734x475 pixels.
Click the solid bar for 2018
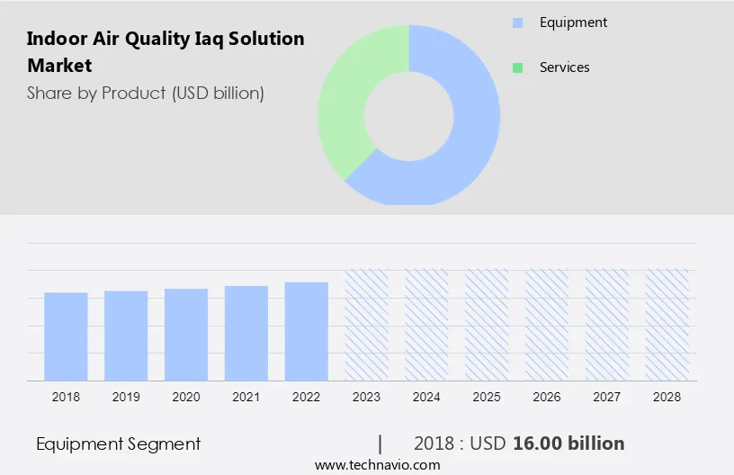66,336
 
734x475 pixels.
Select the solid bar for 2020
186,334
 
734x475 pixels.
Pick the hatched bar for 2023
367,324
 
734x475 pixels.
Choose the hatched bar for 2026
547,324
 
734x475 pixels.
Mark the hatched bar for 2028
667,324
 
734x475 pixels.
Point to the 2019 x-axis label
126,397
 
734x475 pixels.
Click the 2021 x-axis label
246,397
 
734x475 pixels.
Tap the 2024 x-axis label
426,397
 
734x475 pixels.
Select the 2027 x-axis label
607,397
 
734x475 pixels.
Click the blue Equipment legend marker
517,23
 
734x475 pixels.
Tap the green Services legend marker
517,67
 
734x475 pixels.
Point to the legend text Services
564,67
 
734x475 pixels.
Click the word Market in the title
59,66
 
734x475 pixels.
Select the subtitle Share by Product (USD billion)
145,93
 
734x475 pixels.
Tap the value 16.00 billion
568,444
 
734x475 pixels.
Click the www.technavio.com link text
377,465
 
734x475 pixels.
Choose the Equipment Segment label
118,444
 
